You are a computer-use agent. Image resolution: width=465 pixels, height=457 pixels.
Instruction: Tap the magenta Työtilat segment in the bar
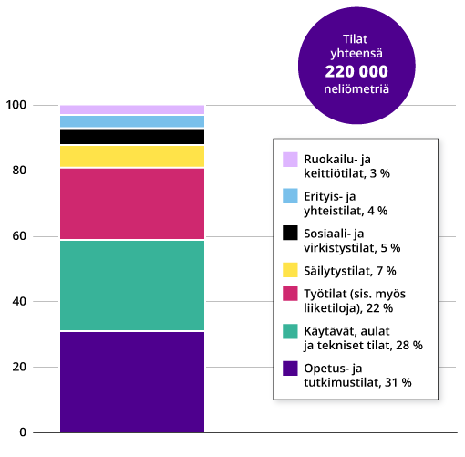[x=131, y=203]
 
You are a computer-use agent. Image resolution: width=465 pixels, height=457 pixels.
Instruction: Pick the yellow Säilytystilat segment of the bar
[x=131, y=157]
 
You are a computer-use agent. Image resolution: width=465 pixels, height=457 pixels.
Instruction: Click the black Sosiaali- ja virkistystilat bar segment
[x=131, y=137]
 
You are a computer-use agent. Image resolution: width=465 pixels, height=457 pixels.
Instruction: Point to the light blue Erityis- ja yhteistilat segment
[x=131, y=121]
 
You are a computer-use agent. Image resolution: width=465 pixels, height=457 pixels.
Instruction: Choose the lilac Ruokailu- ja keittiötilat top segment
[x=131, y=109]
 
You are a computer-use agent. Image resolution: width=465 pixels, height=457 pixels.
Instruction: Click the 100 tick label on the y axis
[x=15, y=106]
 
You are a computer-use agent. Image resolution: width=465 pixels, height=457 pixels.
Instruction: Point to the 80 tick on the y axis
[x=19, y=171]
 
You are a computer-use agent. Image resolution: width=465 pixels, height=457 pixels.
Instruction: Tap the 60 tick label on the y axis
[x=19, y=236]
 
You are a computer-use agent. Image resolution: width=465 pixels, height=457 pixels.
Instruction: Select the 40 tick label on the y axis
[x=19, y=301]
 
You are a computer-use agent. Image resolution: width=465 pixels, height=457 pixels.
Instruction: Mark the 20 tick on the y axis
[x=19, y=367]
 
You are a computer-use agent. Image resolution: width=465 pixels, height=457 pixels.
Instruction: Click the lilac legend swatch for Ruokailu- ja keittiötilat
[x=291, y=160]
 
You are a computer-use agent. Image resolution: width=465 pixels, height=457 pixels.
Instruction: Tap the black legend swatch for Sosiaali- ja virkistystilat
[x=291, y=233]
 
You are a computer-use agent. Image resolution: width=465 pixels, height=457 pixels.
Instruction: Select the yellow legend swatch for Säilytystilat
[x=291, y=270]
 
